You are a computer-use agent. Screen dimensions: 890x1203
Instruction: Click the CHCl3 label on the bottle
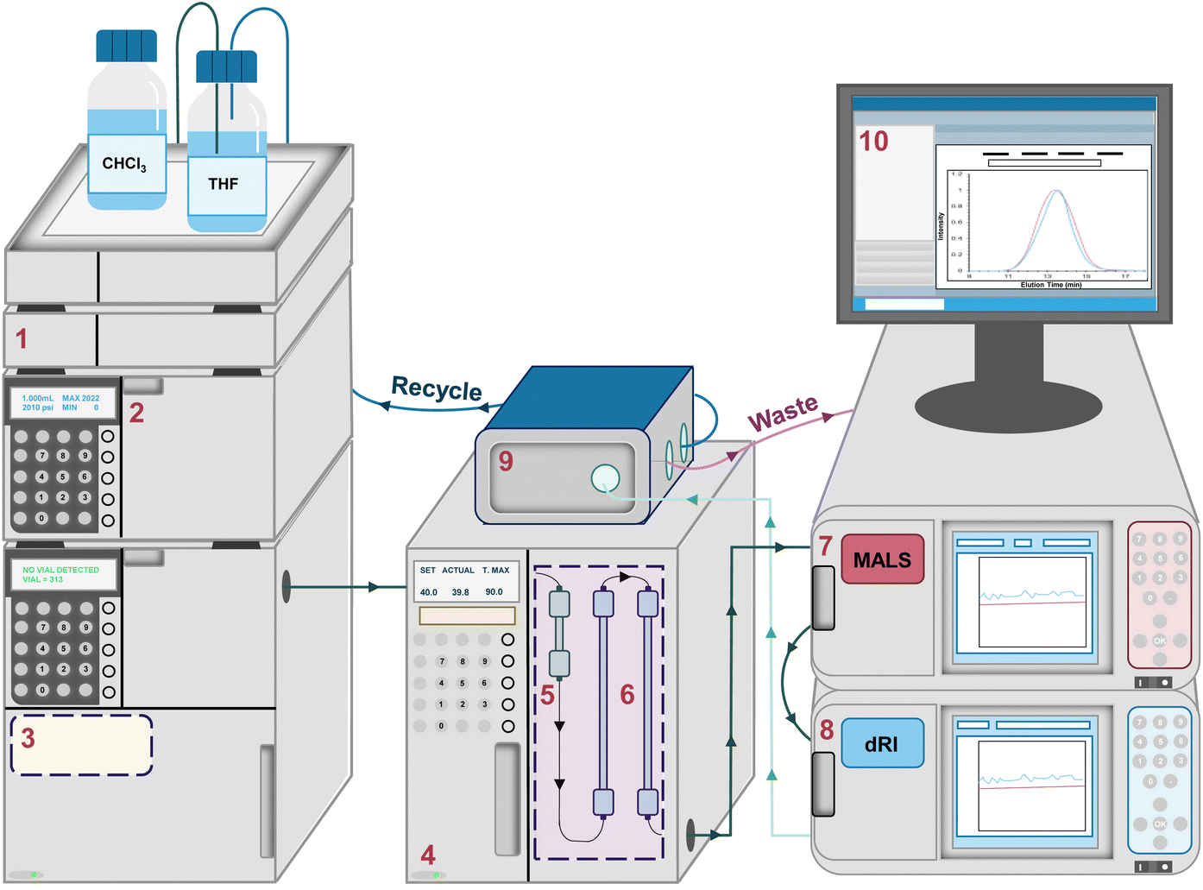(125, 164)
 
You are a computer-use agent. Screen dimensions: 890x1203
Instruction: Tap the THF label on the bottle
(224, 184)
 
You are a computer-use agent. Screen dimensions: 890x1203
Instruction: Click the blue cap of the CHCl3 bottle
(126, 46)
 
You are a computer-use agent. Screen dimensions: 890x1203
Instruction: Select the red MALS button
(882, 559)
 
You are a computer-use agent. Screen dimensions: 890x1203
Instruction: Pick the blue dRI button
(882, 743)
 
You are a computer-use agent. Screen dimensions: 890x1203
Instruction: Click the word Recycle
(437, 388)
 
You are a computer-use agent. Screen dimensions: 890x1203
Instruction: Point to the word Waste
(783, 413)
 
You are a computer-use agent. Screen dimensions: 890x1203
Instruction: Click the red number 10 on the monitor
(873, 142)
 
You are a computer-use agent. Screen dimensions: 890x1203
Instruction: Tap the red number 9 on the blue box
(506, 461)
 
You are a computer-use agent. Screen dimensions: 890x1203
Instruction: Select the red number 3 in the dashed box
(28, 738)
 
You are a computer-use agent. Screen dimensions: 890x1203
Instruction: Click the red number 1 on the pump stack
(22, 338)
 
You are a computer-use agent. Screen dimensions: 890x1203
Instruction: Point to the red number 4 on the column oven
(428, 855)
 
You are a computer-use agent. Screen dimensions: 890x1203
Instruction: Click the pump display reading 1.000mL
(38, 399)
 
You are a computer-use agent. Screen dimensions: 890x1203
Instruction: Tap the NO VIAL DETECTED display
(60, 571)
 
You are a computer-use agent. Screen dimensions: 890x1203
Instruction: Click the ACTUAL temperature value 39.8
(460, 592)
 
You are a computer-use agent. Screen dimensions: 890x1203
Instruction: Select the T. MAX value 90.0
(494, 592)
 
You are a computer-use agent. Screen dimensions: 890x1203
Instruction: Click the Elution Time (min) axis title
(1050, 285)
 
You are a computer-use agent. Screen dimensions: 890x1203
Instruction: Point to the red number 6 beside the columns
(627, 694)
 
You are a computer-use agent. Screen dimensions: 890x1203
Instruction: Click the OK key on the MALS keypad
(1160, 641)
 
